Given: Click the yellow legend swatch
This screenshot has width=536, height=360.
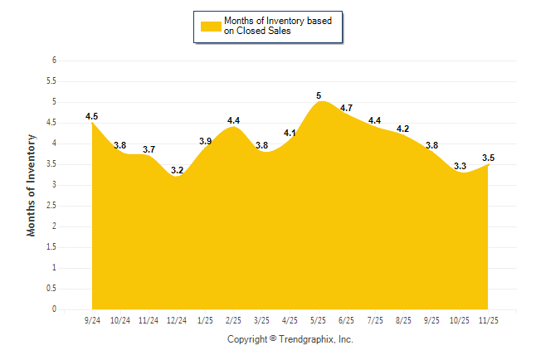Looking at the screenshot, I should (211, 27).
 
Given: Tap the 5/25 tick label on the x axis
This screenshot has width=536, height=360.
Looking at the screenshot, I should (319, 320).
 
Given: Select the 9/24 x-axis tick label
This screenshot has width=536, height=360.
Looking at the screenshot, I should (92, 320).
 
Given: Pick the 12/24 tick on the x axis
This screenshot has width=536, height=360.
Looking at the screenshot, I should (177, 320).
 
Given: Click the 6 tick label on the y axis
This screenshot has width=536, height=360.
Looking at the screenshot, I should (53, 61).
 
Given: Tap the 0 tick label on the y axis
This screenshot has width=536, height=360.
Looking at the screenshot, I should (53, 309).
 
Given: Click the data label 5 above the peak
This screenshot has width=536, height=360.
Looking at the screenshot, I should (319, 96).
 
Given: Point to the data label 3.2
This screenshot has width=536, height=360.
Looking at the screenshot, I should (177, 171).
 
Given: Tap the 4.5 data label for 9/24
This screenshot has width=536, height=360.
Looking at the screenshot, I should (92, 117).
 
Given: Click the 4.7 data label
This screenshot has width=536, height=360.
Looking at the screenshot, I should (347, 109).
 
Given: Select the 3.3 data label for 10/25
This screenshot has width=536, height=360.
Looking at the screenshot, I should (460, 167).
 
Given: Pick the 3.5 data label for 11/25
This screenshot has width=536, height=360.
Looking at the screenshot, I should (488, 158).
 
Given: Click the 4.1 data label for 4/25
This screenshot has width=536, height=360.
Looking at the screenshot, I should (290, 134).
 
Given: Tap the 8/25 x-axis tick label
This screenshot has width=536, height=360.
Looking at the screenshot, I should (403, 320).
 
